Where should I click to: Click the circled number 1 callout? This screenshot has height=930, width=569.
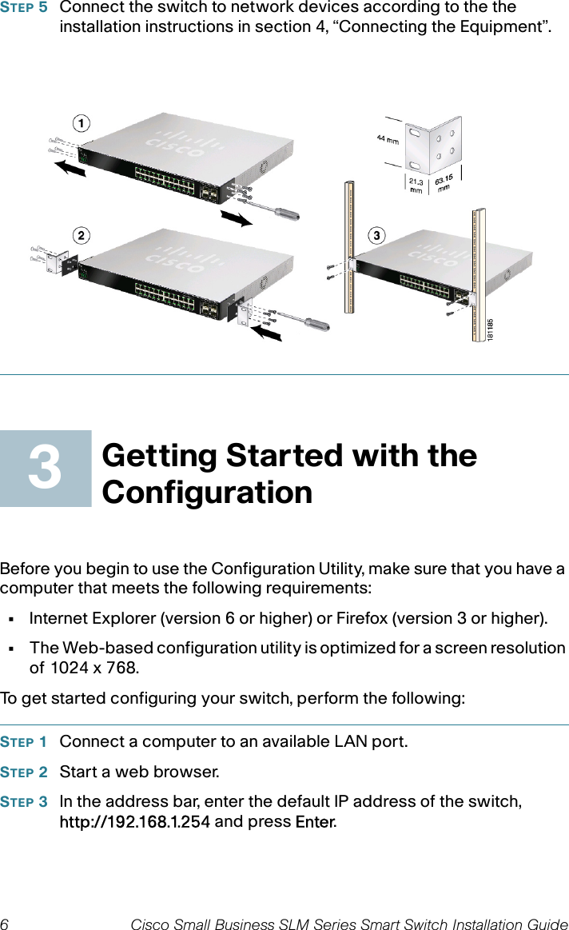(80, 123)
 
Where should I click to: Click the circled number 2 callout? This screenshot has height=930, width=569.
(80, 235)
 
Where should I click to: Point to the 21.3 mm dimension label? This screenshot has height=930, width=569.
(416, 186)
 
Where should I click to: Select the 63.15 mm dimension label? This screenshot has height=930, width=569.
(444, 185)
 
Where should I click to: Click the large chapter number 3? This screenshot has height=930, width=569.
(45, 469)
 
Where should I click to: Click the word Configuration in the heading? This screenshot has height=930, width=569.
(207, 492)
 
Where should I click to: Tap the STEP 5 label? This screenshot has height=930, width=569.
(24, 8)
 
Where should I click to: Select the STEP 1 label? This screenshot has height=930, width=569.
(24, 742)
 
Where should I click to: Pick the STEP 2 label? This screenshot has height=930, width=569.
(24, 772)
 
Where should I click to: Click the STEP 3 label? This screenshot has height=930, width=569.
(24, 802)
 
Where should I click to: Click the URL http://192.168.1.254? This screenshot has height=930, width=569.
(135, 822)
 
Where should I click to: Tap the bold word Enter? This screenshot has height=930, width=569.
(315, 822)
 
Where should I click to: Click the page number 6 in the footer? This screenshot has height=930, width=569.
(5, 924)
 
